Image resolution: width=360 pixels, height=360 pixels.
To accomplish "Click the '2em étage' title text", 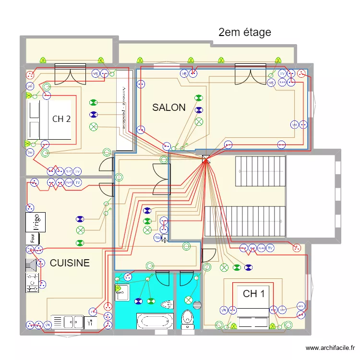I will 244,33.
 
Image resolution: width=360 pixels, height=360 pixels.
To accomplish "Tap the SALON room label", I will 168,108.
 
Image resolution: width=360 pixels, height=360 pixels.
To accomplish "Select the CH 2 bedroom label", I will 61,119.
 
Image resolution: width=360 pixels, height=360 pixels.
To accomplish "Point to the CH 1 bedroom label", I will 253,294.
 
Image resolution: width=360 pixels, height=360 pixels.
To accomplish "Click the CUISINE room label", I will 70,263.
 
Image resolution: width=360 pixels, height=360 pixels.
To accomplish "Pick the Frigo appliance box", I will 36,222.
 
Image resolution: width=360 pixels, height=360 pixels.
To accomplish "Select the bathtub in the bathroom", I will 155,321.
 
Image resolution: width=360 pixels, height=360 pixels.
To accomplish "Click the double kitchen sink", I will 67,322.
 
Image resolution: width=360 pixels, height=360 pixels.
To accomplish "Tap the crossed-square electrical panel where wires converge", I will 206,159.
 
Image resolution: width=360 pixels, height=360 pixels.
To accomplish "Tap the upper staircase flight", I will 260,170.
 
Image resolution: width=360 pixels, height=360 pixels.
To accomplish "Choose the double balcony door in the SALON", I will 250,74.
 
